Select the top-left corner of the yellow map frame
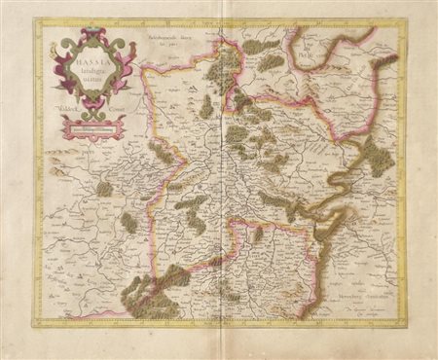pyautogui.click(x=36, y=21)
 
